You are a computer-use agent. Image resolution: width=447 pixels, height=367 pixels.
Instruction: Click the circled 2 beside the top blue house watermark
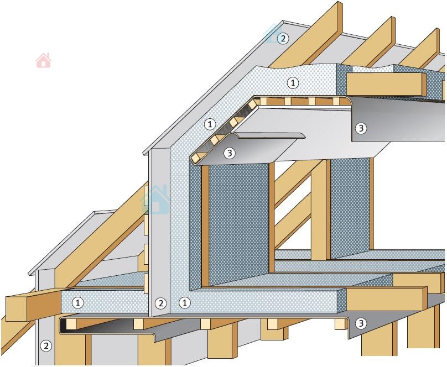[x=283, y=38]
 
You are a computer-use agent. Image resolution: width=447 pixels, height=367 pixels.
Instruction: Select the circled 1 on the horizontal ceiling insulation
[x=293, y=83]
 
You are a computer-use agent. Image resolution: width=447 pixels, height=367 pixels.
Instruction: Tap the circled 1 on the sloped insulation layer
[x=210, y=124]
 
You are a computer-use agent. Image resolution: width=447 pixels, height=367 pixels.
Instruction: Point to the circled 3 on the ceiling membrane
[x=361, y=128]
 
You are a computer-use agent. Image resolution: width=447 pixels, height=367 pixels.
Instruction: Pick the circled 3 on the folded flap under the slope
[x=230, y=153]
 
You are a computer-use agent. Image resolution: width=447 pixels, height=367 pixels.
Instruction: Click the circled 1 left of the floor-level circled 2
[x=77, y=303]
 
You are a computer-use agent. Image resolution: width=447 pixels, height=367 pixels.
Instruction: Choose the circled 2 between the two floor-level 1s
[x=161, y=303]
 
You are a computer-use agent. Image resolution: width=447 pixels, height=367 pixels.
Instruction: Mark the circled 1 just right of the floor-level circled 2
[x=185, y=302]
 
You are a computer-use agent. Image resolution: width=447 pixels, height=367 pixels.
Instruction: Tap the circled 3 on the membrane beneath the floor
[x=361, y=323]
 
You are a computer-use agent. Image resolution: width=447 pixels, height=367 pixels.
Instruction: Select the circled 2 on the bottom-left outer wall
[x=46, y=346]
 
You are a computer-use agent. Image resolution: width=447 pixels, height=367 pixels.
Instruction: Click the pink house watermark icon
[x=44, y=60]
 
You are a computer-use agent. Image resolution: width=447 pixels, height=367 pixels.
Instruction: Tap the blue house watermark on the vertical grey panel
[x=155, y=200]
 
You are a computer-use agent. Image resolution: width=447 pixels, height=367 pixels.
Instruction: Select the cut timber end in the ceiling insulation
[x=386, y=84]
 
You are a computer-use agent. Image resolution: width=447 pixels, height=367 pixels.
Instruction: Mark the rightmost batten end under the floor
[x=340, y=324]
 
